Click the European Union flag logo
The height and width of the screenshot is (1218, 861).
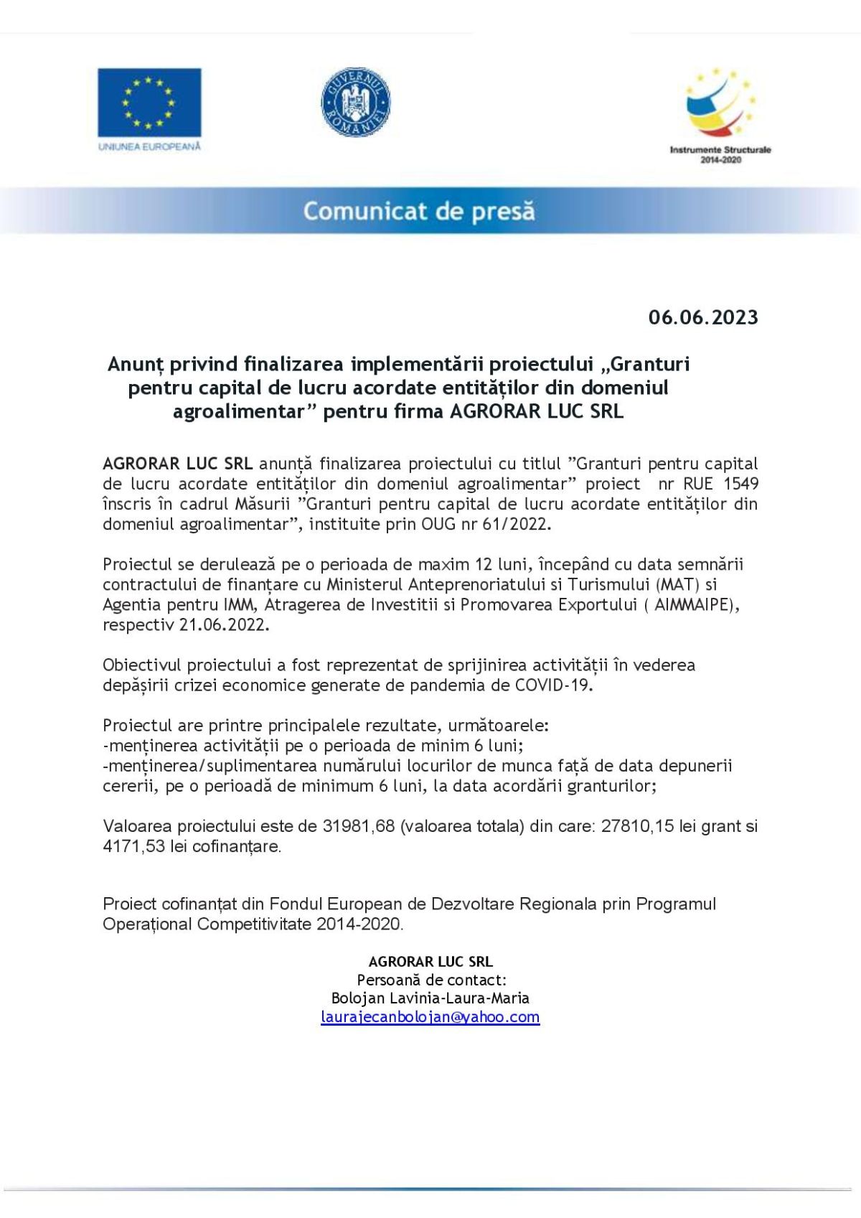(149, 102)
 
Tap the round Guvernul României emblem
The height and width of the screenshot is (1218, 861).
(355, 103)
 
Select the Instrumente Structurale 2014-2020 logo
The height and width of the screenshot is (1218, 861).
(720, 115)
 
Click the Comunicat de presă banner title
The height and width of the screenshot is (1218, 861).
(419, 211)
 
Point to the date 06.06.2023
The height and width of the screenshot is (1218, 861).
(702, 317)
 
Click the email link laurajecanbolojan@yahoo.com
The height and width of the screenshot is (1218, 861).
(430, 1017)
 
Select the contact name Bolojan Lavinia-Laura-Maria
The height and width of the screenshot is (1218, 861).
(430, 998)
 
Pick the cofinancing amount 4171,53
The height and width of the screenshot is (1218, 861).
(134, 846)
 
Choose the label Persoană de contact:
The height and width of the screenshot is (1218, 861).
(431, 980)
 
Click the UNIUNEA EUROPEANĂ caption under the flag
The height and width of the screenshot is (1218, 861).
(149, 146)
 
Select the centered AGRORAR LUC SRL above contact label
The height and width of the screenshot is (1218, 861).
(430, 962)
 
